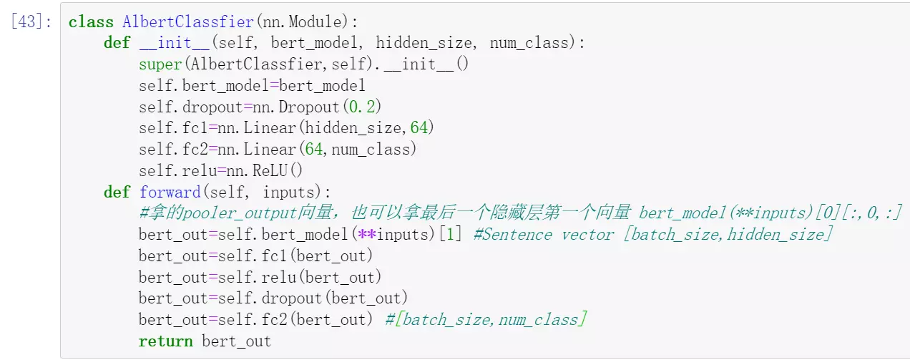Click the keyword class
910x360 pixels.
tap(91, 22)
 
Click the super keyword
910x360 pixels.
tap(161, 64)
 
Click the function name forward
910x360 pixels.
tap(170, 192)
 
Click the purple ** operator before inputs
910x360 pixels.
tap(367, 235)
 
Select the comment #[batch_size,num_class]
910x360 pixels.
tap(486, 319)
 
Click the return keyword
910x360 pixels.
tap(165, 341)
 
